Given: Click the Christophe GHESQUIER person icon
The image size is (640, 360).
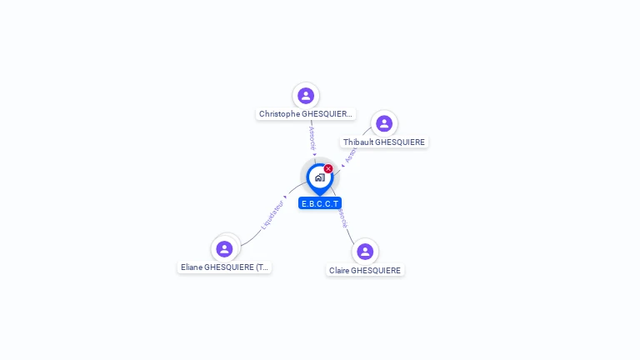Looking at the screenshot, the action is pyautogui.click(x=306, y=96).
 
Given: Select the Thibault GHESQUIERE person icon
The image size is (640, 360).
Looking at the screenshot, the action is pyautogui.click(x=384, y=124).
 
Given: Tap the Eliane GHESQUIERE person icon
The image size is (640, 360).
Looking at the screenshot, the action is pyautogui.click(x=224, y=248).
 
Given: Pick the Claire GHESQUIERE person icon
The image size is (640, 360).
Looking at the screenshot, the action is pyautogui.click(x=365, y=252).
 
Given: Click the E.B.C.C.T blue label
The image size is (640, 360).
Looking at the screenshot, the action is pyautogui.click(x=320, y=203).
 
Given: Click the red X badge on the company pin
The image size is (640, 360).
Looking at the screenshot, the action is pyautogui.click(x=328, y=169).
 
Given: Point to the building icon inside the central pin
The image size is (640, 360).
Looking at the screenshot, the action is pyautogui.click(x=319, y=177).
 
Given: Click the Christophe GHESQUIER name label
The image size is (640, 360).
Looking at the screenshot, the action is pyautogui.click(x=306, y=114).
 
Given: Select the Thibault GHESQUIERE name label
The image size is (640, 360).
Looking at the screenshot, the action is pyautogui.click(x=384, y=142).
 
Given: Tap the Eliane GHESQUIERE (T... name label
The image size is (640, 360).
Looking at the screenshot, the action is pyautogui.click(x=225, y=267).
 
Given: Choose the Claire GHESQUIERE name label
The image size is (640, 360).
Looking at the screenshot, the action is pyautogui.click(x=365, y=271).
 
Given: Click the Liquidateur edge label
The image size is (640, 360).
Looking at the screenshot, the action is pyautogui.click(x=272, y=214).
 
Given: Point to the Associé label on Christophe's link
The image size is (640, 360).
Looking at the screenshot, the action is pyautogui.click(x=312, y=137).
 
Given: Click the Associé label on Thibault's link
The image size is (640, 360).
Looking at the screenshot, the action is pyautogui.click(x=352, y=153).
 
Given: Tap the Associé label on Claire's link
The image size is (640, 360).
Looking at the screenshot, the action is pyautogui.click(x=342, y=217).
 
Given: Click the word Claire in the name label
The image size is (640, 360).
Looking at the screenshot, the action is pyautogui.click(x=339, y=271).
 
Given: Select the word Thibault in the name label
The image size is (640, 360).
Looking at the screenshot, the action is pyautogui.click(x=358, y=142).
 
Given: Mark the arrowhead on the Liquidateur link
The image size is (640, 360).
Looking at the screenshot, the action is pyautogui.click(x=285, y=197).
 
